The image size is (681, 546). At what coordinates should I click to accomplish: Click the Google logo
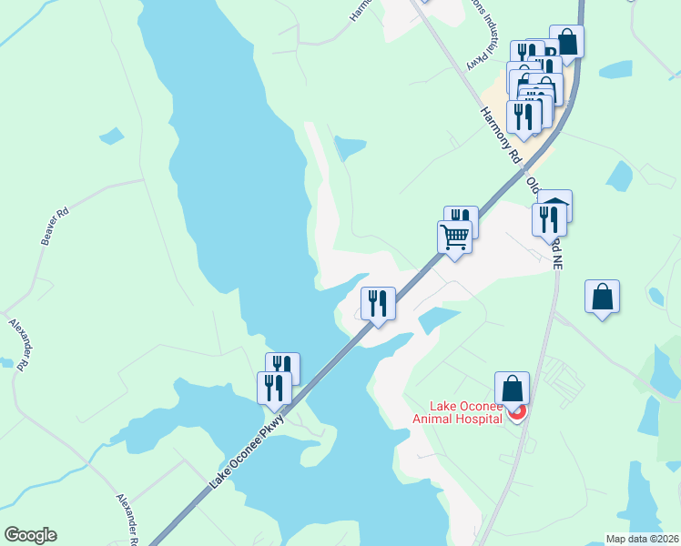30,535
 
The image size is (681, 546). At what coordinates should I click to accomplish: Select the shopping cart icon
454,238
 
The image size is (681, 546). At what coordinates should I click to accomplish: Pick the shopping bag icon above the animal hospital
513,387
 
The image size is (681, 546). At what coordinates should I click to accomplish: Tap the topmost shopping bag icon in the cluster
566,41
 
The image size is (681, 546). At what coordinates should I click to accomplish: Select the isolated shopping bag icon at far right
602,297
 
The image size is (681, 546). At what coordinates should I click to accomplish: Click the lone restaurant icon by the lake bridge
378,302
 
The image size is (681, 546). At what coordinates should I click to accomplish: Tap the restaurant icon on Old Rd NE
549,218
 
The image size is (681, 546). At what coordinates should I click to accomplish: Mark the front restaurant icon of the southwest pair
274,388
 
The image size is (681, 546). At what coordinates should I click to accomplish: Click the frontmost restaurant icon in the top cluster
523,115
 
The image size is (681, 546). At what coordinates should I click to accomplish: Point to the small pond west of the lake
111,136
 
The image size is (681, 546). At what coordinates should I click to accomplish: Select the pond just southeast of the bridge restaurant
438,319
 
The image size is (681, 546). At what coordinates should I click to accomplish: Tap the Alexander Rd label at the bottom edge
127,519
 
